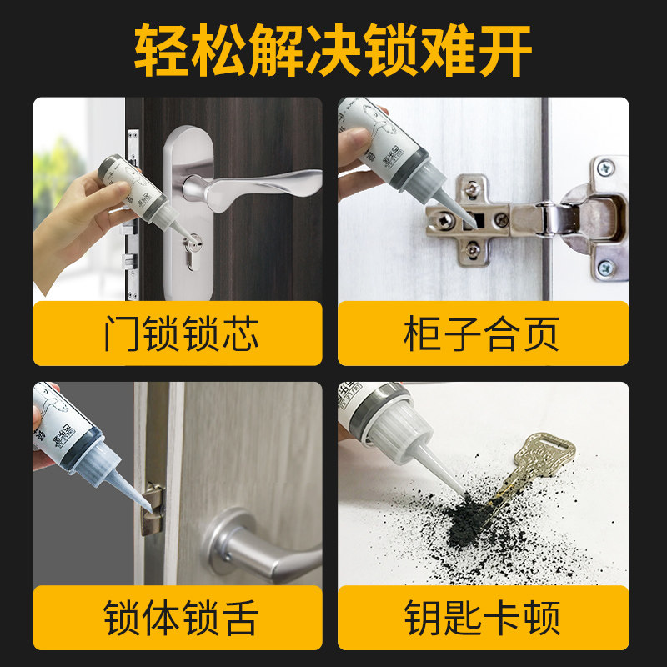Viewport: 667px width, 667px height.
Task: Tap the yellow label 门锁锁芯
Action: click(x=178, y=333)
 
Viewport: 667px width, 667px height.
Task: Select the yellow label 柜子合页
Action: click(x=483, y=333)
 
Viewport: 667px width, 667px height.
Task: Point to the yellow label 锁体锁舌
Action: click(x=178, y=618)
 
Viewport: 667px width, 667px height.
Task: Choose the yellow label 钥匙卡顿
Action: click(x=483, y=618)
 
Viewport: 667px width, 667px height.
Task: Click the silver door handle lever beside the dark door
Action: click(x=250, y=179)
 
